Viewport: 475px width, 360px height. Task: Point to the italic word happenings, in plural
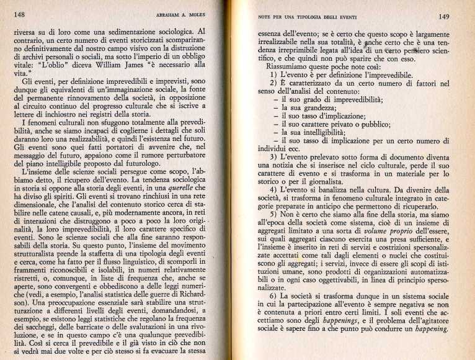(324, 321)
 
